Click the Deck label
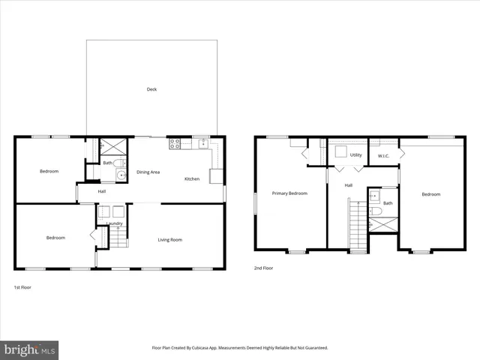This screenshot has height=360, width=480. (151, 89)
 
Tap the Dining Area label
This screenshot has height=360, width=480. (148, 172)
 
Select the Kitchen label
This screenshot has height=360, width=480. (192, 178)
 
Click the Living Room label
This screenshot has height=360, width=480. (169, 239)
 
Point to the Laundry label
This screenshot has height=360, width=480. (114, 223)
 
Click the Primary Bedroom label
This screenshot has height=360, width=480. (289, 193)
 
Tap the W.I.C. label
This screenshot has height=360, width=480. (383, 156)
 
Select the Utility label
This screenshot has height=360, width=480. (355, 155)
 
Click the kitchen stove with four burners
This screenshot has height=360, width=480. (175, 142)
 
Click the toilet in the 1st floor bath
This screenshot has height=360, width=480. (121, 163)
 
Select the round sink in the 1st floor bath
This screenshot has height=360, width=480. (120, 175)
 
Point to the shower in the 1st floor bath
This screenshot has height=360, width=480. (113, 146)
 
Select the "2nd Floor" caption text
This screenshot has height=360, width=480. (262, 268)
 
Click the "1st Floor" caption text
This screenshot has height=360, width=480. (22, 287)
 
